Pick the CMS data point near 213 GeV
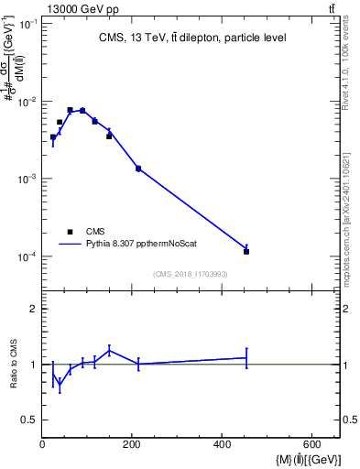[138, 169]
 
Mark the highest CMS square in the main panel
[70, 110]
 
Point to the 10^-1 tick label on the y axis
[27, 24]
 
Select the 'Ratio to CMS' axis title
[13, 365]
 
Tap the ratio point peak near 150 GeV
[110, 349]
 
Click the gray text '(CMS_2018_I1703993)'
[191, 273]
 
